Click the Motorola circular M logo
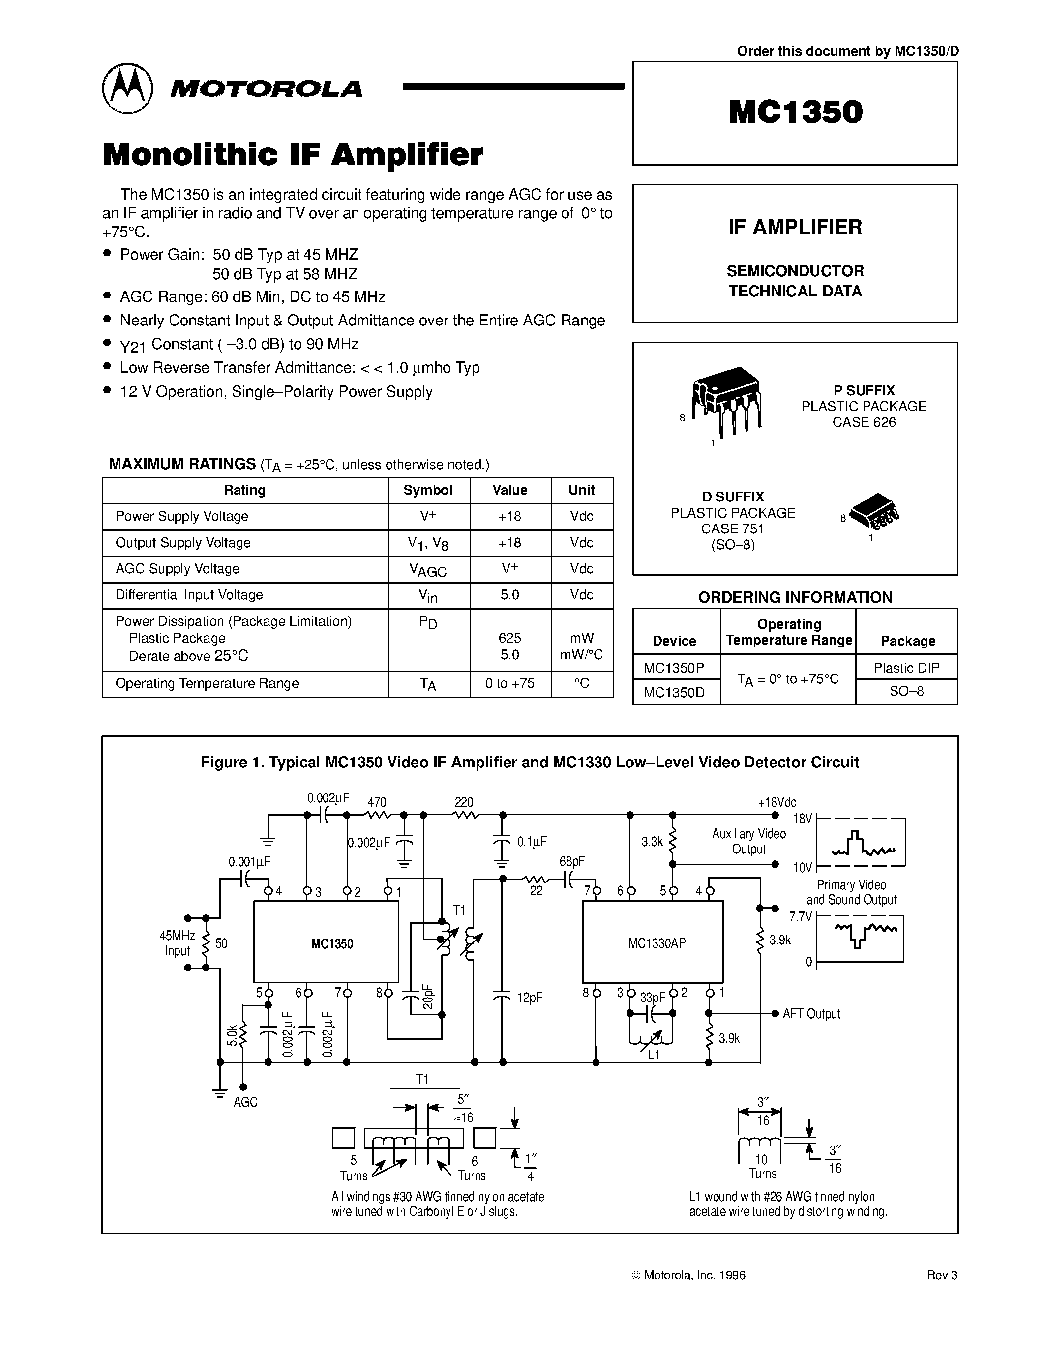click(127, 88)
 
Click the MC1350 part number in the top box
click(796, 112)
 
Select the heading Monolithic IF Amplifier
click(292, 155)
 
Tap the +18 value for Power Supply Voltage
click(509, 516)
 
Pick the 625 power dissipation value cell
click(509, 638)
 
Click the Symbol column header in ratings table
click(428, 490)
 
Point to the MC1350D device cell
click(674, 692)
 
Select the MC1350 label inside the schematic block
click(332, 944)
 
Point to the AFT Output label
click(811, 1013)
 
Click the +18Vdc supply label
click(776, 802)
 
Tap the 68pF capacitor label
click(571, 861)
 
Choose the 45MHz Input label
click(177, 943)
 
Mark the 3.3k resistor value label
click(652, 841)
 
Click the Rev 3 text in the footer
click(942, 1275)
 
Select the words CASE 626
click(864, 422)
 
